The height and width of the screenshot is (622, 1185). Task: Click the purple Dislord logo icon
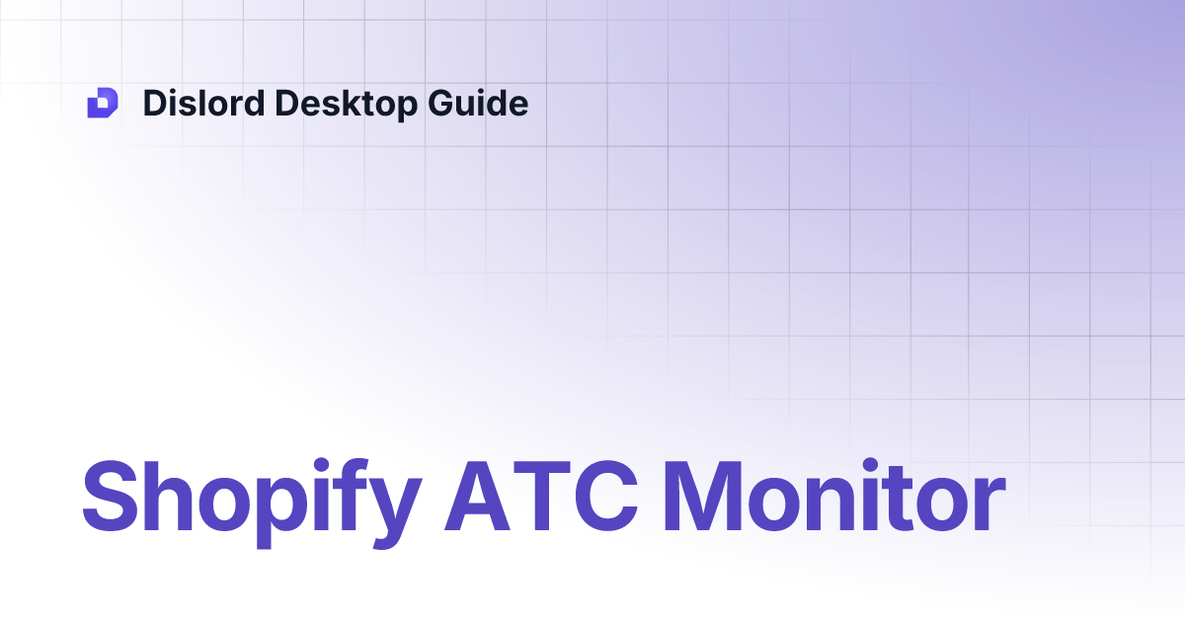coord(103,103)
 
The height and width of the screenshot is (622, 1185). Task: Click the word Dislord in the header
coord(202,103)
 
